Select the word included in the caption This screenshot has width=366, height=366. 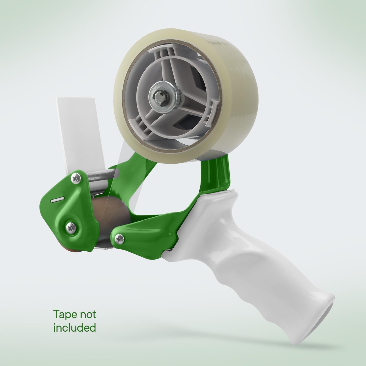[x=74, y=328]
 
